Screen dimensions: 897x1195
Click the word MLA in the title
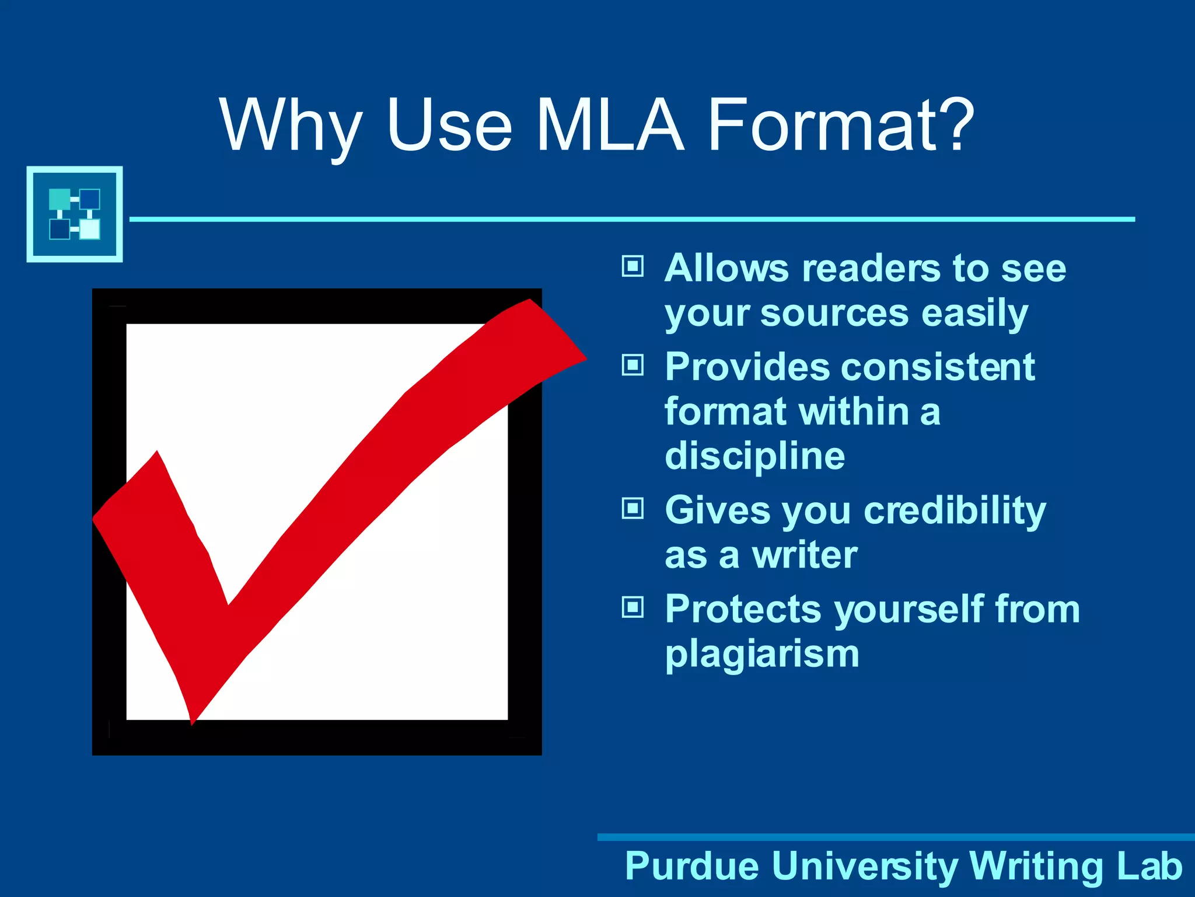(x=609, y=125)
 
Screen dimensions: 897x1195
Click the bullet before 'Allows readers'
(x=633, y=267)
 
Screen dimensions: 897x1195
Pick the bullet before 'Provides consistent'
(x=633, y=366)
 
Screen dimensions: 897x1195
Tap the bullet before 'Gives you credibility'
(x=633, y=509)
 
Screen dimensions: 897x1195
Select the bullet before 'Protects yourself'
(x=633, y=607)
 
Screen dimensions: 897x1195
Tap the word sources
(x=834, y=314)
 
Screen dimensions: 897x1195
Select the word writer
(x=805, y=555)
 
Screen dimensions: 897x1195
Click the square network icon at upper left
(x=75, y=214)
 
